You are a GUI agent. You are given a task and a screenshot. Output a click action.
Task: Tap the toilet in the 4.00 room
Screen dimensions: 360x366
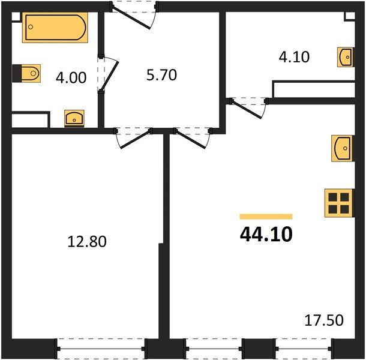point(27,74)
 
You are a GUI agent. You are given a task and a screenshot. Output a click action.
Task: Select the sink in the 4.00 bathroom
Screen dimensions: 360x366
point(74,117)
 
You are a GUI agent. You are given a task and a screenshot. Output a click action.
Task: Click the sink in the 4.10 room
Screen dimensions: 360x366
point(346,58)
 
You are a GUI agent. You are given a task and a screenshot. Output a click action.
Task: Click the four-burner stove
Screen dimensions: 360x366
point(338,203)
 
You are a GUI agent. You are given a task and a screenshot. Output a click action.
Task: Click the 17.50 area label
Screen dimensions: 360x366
point(323,320)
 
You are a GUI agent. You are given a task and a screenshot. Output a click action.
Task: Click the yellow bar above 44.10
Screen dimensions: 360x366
point(266,216)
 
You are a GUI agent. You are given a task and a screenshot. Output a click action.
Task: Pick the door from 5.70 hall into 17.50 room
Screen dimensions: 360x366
point(192,138)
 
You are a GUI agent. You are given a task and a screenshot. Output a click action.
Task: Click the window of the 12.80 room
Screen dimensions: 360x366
point(101,348)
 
